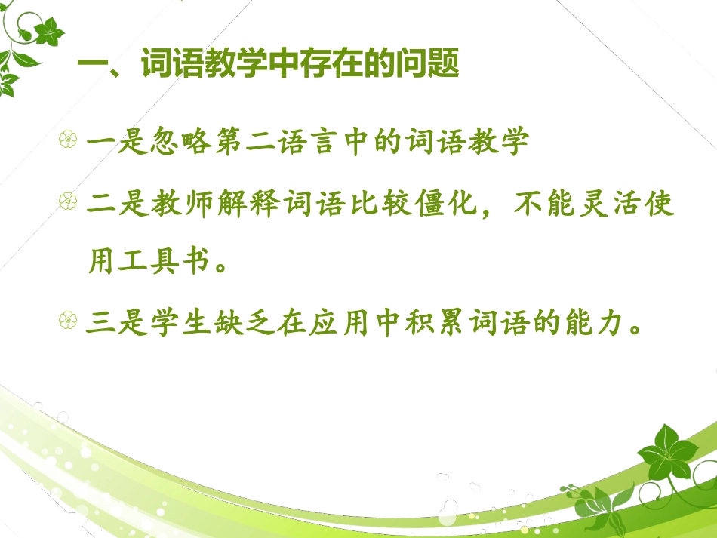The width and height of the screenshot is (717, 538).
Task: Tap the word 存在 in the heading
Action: pyautogui.click(x=334, y=66)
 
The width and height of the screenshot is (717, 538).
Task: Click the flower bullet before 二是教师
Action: pyautogui.click(x=69, y=201)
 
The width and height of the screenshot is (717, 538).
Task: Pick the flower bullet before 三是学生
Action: pyautogui.click(x=69, y=324)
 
